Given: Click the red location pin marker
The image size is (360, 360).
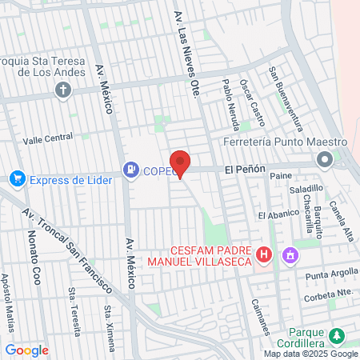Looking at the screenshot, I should click(180, 162).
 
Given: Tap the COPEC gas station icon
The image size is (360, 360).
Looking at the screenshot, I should click(129, 169).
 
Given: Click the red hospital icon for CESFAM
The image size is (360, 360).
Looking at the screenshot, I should click(265, 255).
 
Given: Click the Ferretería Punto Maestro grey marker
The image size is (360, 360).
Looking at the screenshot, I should click(325, 160).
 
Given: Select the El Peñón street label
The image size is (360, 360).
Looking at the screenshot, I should click(241, 170).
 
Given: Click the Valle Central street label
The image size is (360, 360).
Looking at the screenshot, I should click(48, 138).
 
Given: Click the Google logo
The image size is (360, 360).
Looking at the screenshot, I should click(26, 350).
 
